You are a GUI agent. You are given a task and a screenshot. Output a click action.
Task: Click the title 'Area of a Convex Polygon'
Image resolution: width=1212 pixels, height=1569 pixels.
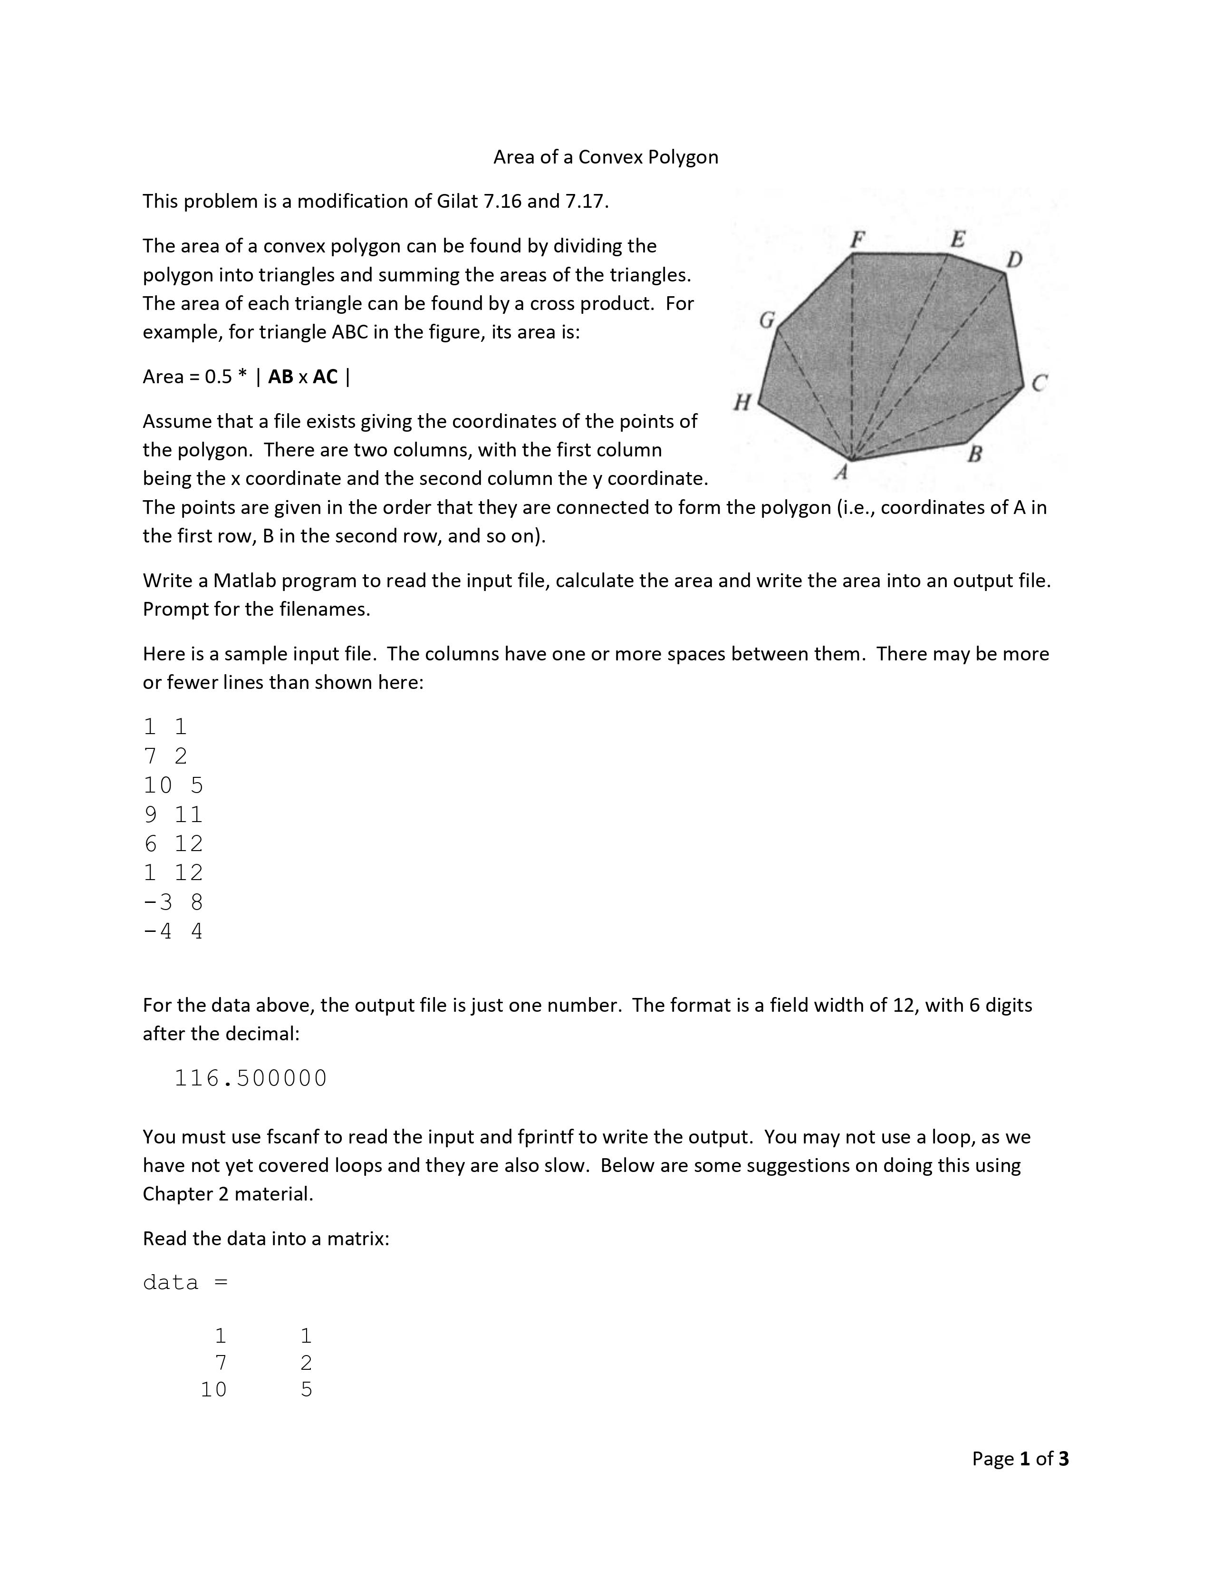(x=605, y=157)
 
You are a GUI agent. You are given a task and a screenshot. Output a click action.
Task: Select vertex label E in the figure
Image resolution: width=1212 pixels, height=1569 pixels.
(x=958, y=239)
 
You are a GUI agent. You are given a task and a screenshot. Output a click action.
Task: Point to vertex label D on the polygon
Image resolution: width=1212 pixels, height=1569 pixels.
(x=1014, y=259)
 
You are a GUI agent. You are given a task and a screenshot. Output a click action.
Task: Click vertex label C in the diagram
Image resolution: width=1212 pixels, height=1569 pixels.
(x=1039, y=384)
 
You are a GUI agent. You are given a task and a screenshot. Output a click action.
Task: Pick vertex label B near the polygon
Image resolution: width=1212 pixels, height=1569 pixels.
(x=974, y=454)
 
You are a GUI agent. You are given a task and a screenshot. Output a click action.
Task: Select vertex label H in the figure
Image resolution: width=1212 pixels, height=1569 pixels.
(x=742, y=402)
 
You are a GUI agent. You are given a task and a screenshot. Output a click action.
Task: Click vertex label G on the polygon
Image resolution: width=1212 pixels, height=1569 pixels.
(x=768, y=320)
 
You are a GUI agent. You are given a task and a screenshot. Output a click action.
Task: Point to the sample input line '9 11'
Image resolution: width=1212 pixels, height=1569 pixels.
(x=173, y=814)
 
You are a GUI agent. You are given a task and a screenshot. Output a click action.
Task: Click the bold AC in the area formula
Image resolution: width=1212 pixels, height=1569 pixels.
(x=325, y=377)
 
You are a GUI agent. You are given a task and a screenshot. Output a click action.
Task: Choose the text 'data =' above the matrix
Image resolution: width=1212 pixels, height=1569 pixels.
(x=185, y=1282)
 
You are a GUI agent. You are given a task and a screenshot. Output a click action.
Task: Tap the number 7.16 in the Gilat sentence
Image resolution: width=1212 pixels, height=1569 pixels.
(x=502, y=201)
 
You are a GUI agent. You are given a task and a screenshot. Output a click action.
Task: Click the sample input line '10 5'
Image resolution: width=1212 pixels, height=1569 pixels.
(x=173, y=785)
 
